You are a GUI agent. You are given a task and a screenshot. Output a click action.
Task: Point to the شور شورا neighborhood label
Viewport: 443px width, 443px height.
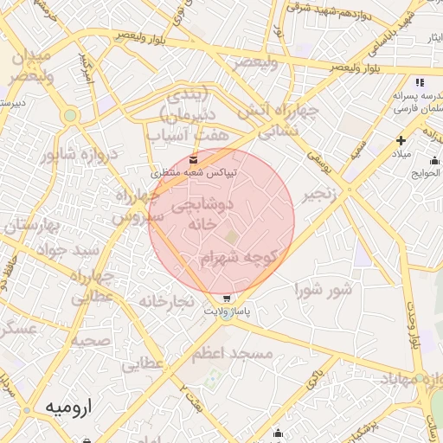[x=324, y=289]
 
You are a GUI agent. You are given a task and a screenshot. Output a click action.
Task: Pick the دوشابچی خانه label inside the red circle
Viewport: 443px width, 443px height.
[x=203, y=214]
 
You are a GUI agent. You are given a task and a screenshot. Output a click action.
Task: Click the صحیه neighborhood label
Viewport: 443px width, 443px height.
[x=90, y=340]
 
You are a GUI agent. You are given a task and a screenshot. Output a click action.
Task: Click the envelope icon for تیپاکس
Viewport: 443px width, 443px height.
[x=193, y=158]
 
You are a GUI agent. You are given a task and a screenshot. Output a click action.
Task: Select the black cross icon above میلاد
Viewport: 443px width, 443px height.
[x=401, y=139]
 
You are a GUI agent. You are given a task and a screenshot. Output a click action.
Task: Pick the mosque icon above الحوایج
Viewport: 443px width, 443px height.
[x=433, y=159]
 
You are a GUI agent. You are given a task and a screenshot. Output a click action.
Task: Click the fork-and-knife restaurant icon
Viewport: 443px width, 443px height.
[x=421, y=82]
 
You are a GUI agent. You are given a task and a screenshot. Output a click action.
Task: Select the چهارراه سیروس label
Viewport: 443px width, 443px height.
[x=129, y=205]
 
